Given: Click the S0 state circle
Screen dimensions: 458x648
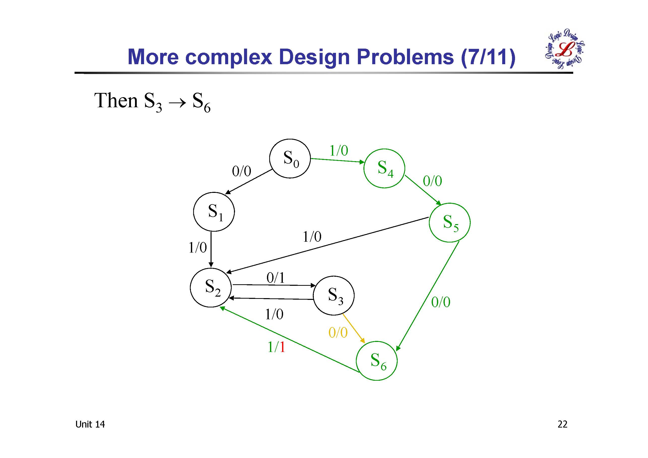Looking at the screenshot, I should pyautogui.click(x=290, y=158).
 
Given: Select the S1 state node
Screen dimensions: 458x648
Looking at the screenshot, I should pyautogui.click(x=214, y=212).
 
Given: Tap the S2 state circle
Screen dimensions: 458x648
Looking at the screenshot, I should pyautogui.click(x=211, y=287).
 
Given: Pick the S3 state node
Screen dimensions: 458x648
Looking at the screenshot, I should pyautogui.click(x=334, y=295).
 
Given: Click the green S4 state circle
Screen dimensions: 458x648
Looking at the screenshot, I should pyautogui.click(x=384, y=168).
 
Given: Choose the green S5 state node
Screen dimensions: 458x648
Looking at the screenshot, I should pyautogui.click(x=450, y=222).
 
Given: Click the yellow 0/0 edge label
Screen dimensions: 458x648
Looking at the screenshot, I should pyautogui.click(x=338, y=333).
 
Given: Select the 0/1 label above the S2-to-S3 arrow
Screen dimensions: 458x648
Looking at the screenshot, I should pyautogui.click(x=276, y=278).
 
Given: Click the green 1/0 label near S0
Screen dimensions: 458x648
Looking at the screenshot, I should pyautogui.click(x=339, y=150).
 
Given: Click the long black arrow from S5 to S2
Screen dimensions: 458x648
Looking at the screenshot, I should pyautogui.click(x=327, y=245).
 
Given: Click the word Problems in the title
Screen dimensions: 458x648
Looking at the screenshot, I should pyautogui.click(x=405, y=57).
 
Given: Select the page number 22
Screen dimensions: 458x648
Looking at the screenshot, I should pyautogui.click(x=562, y=424).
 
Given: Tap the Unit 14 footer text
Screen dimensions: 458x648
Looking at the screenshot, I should pyautogui.click(x=90, y=424).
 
